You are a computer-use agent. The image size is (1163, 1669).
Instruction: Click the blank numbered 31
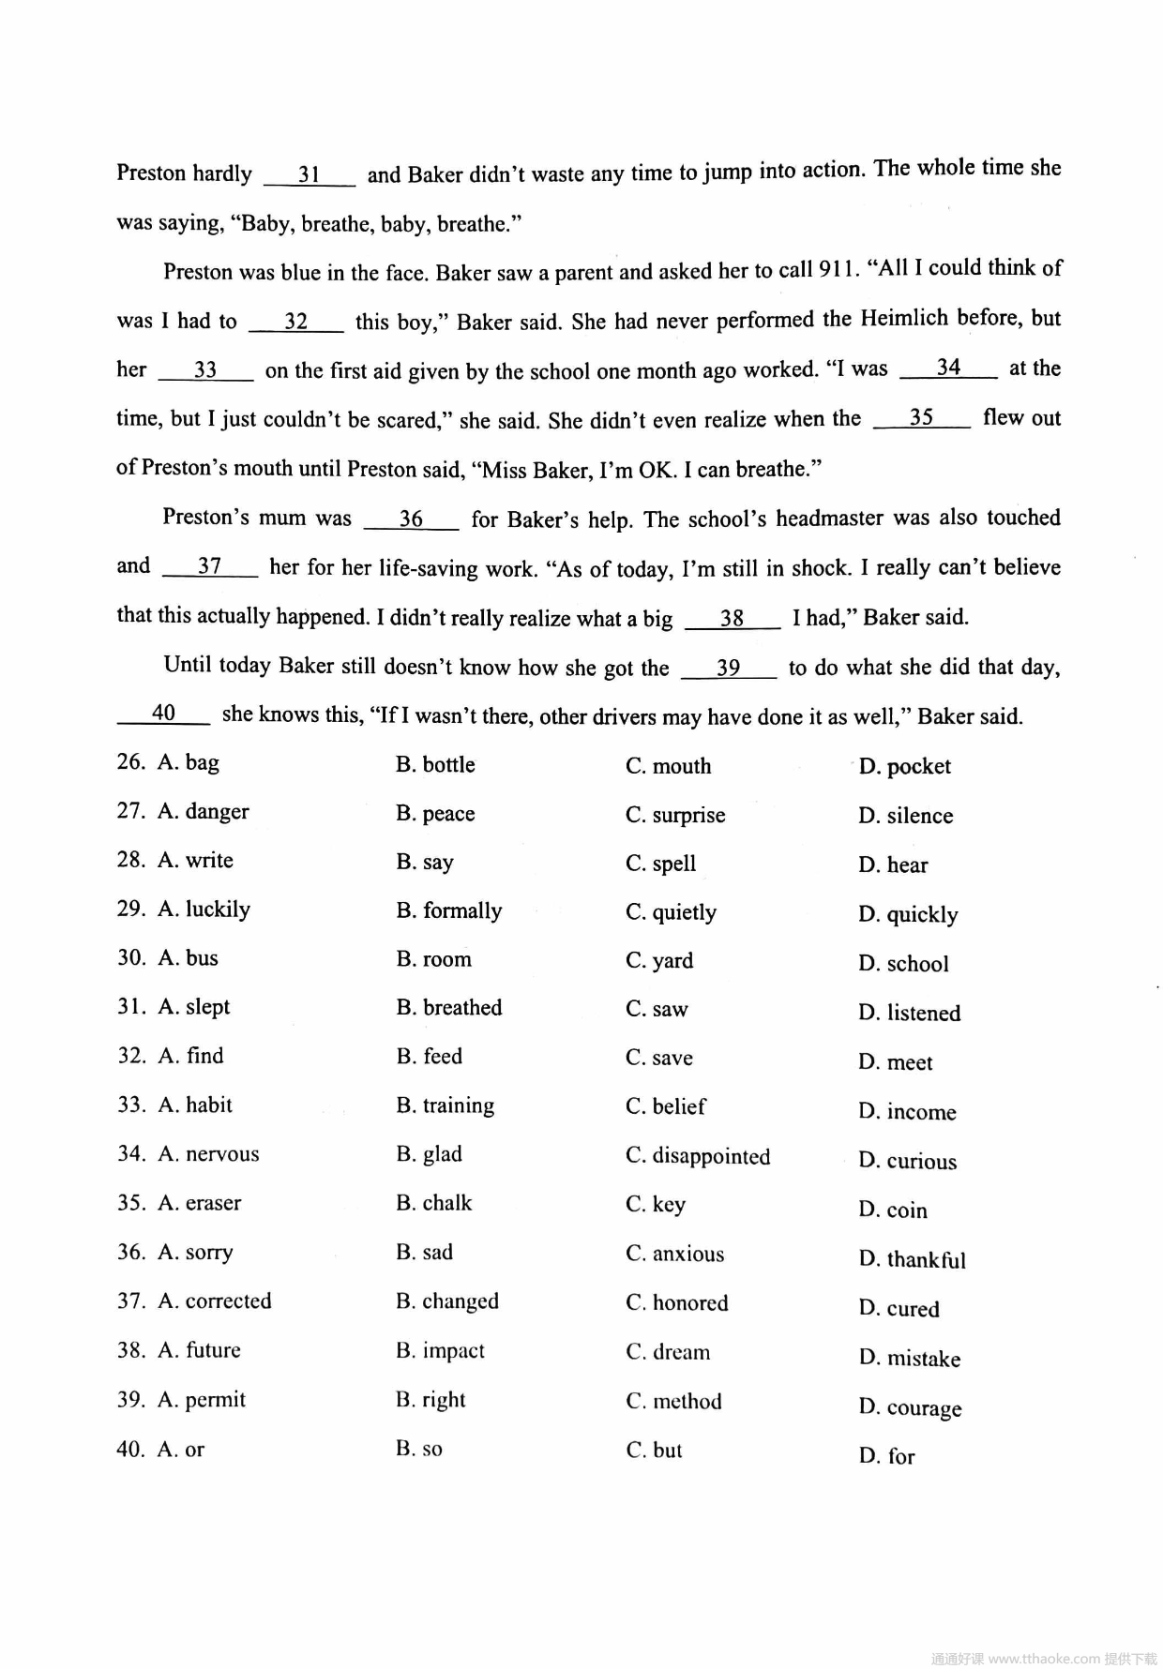click(x=310, y=175)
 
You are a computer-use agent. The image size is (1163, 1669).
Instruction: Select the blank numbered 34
click(x=948, y=368)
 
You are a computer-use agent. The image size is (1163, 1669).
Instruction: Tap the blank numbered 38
click(x=732, y=619)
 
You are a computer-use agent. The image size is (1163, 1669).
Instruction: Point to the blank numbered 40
click(x=163, y=714)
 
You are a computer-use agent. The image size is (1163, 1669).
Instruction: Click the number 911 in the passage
click(x=837, y=270)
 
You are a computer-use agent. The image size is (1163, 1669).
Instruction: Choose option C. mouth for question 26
click(x=668, y=767)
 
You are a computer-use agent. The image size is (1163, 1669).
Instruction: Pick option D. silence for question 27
click(x=905, y=817)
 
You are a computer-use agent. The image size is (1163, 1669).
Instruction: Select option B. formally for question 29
click(x=448, y=911)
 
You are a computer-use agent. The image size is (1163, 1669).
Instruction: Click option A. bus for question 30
click(x=188, y=958)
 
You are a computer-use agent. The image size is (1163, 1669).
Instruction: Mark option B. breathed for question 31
click(x=448, y=1008)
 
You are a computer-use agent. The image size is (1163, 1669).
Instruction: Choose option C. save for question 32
click(x=658, y=1058)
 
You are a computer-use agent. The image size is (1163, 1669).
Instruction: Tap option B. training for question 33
click(x=445, y=1106)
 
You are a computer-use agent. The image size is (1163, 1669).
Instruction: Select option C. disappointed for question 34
click(x=698, y=1156)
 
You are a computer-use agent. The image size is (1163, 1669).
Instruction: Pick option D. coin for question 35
click(x=892, y=1210)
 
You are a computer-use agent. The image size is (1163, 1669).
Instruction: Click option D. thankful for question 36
click(x=912, y=1260)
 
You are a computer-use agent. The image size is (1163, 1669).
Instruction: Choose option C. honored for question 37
click(x=676, y=1303)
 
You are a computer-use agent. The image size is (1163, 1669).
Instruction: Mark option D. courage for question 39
click(x=910, y=1408)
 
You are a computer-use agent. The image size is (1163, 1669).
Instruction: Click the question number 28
click(x=130, y=861)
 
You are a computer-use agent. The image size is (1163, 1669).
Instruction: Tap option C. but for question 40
click(x=654, y=1451)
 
